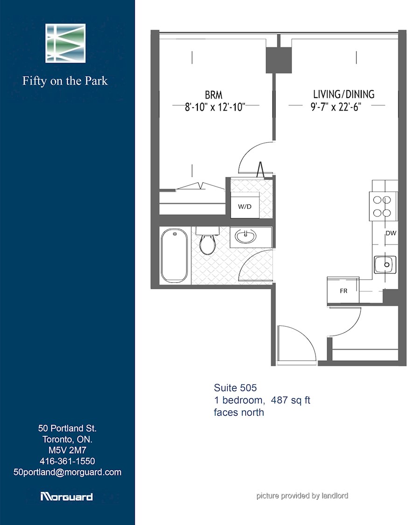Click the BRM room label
tap(214, 95)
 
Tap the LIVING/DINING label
tap(343, 94)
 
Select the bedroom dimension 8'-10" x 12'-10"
tap(215, 107)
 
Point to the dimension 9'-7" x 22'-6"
tap(336, 107)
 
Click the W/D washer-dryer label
tap(245, 207)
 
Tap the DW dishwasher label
tap(391, 233)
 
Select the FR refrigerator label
tap(343, 291)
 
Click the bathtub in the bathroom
tap(174, 255)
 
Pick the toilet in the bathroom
tap(208, 240)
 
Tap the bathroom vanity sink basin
tap(245, 236)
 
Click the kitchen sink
tap(385, 265)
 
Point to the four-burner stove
tap(383, 206)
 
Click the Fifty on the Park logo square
tap(66, 43)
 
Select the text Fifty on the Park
tap(65, 81)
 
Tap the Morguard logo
tap(66, 496)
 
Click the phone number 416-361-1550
tap(67, 461)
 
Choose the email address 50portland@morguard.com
tap(67, 472)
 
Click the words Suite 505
tap(235, 388)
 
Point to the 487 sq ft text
tap(290, 400)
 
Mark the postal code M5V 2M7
tap(67, 450)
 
